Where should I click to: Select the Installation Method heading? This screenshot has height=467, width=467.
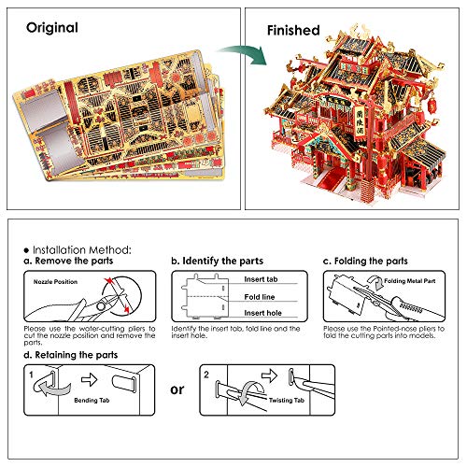point(83,249)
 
